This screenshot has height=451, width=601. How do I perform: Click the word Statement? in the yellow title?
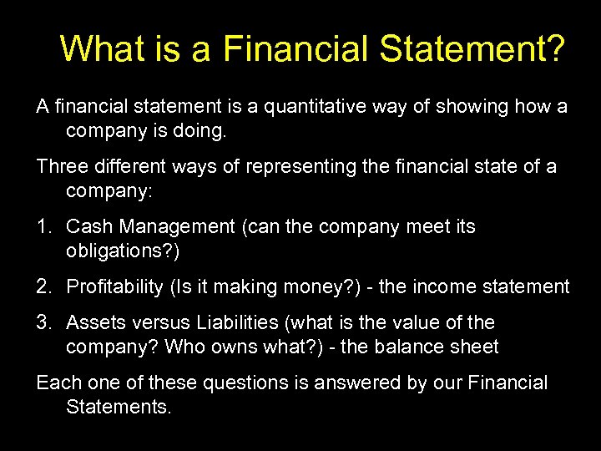[472, 49]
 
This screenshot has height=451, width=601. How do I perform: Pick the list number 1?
[43, 226]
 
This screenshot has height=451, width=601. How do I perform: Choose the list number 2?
[43, 286]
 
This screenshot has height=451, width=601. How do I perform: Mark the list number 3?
[43, 322]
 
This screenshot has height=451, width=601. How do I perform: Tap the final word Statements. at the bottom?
[119, 407]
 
